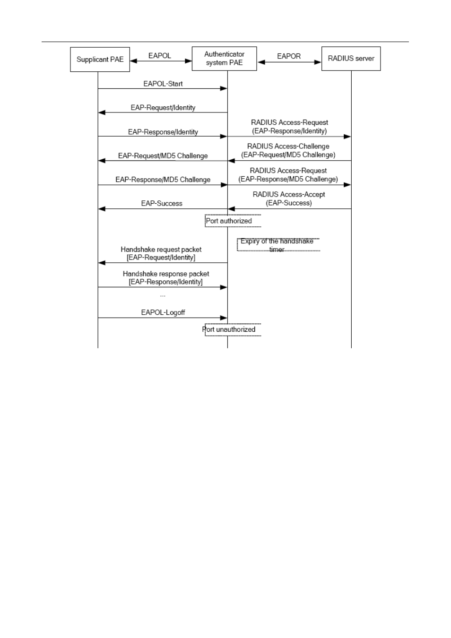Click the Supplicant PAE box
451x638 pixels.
[x=100, y=59]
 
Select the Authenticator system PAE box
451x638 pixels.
[x=224, y=59]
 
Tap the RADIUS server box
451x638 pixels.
[x=351, y=59]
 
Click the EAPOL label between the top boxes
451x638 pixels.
[x=160, y=56]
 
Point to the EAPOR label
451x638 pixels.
[x=289, y=56]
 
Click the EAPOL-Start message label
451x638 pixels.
[x=163, y=84]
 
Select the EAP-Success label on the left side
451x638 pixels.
[x=162, y=203]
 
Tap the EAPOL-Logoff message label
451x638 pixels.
[x=163, y=312]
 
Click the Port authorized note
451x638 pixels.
[x=229, y=221]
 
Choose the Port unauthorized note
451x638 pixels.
[x=229, y=329]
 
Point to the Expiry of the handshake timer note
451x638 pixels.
[x=277, y=245]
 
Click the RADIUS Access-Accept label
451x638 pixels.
[x=289, y=194]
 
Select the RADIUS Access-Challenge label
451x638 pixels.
[x=288, y=146]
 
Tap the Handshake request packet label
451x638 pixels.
[x=161, y=253]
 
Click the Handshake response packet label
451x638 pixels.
[x=166, y=277]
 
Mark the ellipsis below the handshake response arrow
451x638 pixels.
[x=163, y=296]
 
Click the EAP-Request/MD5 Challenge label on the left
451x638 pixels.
[x=163, y=155]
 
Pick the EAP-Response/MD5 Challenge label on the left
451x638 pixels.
[x=163, y=180]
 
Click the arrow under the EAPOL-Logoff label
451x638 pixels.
[x=163, y=318]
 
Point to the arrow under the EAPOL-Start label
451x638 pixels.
[x=163, y=88]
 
